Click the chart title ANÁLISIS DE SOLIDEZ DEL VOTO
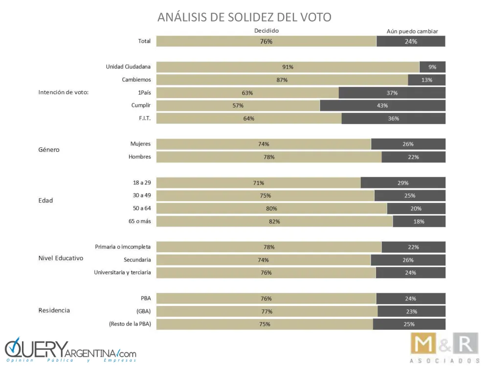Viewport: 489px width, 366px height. click(x=244, y=17)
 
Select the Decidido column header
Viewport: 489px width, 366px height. click(x=267, y=30)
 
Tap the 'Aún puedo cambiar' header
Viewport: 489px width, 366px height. click(x=412, y=31)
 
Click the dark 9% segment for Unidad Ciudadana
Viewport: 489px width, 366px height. click(x=432, y=67)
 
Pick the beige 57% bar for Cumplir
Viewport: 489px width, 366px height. click(x=238, y=105)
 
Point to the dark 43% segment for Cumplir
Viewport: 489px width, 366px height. click(x=382, y=105)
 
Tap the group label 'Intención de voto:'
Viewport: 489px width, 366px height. click(x=63, y=92)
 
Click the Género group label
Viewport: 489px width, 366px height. click(x=49, y=150)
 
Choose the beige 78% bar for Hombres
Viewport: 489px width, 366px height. click(x=269, y=157)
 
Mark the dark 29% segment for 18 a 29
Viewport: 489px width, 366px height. click(x=403, y=183)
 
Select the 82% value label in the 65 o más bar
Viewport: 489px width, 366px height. click(x=274, y=221)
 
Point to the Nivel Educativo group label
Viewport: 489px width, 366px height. click(x=61, y=258)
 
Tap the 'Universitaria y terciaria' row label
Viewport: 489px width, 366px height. click(x=122, y=272)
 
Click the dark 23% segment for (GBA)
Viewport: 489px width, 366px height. click(x=411, y=311)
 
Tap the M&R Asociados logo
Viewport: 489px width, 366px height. click(x=444, y=347)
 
